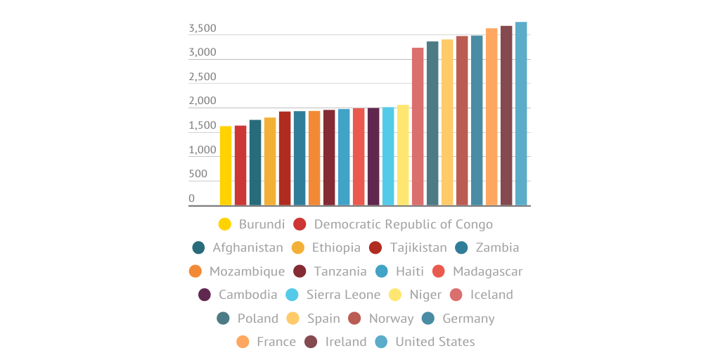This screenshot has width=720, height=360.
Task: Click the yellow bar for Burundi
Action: click(226, 166)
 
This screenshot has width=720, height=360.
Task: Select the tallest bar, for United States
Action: click(521, 114)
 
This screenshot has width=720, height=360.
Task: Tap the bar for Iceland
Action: click(418, 127)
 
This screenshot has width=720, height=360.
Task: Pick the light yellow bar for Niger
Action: click(403, 155)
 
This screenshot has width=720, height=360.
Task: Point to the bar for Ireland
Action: click(506, 115)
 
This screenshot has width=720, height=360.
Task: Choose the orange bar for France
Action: click(491, 117)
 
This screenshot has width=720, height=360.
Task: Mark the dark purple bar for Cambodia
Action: click(373, 157)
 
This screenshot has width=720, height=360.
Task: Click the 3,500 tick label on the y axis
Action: click(202, 29)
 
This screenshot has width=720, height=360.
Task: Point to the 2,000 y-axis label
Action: click(202, 102)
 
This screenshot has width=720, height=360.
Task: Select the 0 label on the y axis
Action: click(191, 199)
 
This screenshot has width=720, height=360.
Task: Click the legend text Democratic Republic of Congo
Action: click(403, 224)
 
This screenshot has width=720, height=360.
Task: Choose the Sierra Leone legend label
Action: click(343, 295)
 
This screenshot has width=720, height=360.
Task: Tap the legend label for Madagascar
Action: click(487, 271)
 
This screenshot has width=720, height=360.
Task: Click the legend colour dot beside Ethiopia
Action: click(298, 247)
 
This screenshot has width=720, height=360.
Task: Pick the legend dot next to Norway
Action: click(354, 318)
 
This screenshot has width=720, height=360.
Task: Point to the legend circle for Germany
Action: click(427, 318)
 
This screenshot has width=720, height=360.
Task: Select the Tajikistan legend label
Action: click(418, 247)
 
